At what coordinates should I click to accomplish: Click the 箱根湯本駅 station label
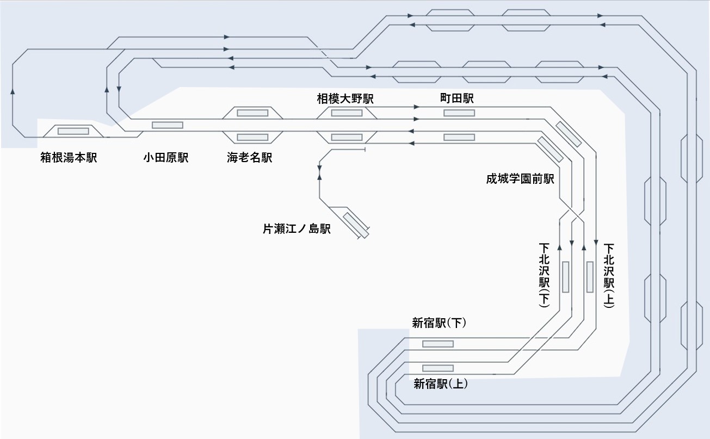pos(69,158)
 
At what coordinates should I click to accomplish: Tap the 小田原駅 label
pos(166,158)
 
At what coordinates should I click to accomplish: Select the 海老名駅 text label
pos(249,158)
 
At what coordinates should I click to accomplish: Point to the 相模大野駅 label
pos(345,98)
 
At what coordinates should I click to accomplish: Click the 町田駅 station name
pos(457,98)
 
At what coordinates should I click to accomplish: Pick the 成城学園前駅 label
pos(520,178)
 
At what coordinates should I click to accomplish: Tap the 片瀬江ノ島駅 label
pos(297,229)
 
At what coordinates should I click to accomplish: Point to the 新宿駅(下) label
pos(439,323)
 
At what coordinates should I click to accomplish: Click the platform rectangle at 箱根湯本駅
pos(73,131)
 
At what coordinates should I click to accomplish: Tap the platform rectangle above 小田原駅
pos(167,125)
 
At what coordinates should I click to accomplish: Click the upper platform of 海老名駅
pos(252,113)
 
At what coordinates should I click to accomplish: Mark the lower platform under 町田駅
pos(459,137)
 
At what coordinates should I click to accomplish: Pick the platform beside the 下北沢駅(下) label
pos(565,277)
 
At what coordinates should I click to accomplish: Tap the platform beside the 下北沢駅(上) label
pos(590,277)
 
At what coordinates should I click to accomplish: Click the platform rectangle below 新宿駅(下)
pos(438,344)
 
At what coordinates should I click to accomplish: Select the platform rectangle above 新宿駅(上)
pos(437,368)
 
